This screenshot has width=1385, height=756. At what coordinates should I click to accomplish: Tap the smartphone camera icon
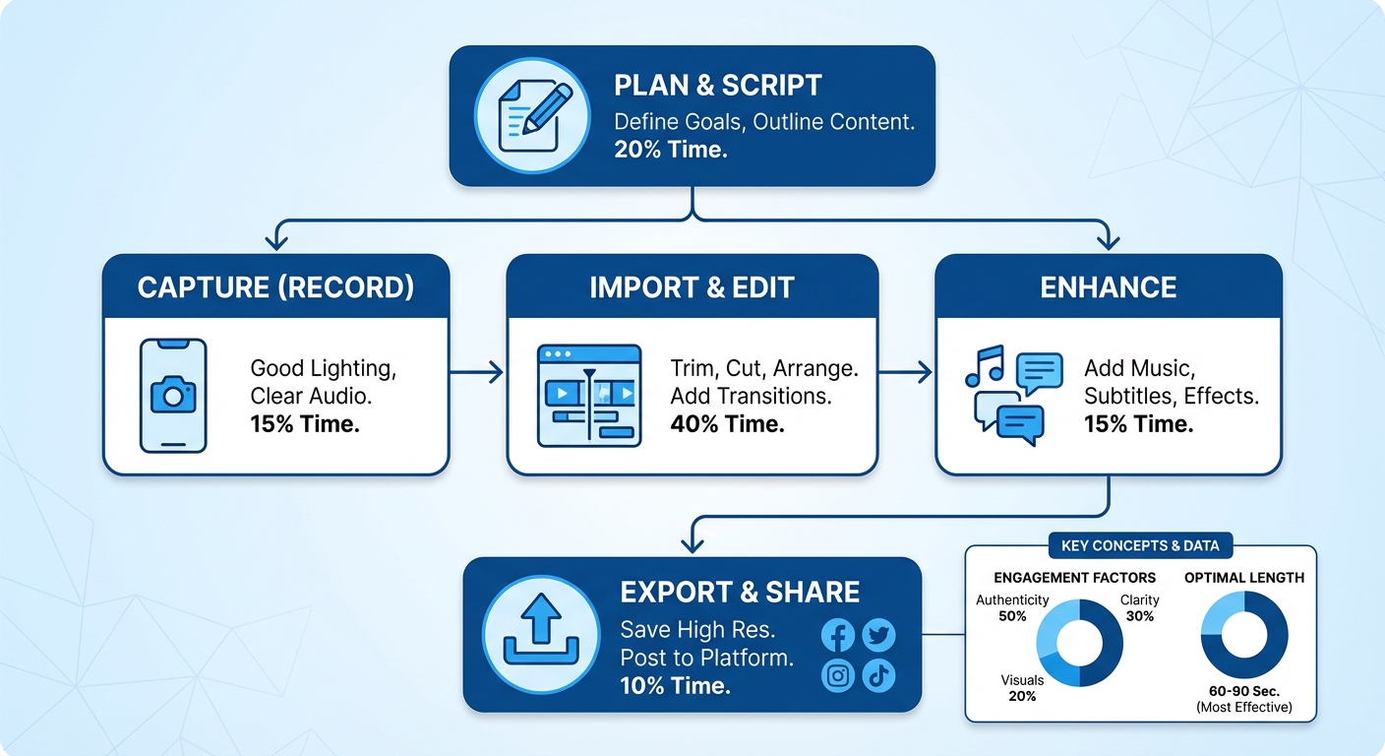(173, 395)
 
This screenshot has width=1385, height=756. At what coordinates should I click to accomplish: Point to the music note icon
(985, 366)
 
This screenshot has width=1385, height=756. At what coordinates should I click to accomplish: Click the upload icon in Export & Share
(540, 634)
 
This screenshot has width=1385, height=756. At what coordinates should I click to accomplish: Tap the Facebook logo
(838, 636)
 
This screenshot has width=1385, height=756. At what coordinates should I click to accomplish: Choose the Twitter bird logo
(878, 636)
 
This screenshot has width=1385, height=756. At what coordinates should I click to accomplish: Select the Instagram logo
(838, 675)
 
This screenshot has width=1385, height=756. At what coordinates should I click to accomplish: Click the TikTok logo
(878, 675)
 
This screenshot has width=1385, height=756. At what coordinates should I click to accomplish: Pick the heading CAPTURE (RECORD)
(275, 287)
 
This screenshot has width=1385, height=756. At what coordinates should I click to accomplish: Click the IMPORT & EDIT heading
(692, 287)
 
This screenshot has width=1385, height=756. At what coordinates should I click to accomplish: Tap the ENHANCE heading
(1108, 287)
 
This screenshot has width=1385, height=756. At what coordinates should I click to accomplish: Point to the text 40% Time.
(727, 424)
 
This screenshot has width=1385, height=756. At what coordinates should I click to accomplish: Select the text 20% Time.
(670, 151)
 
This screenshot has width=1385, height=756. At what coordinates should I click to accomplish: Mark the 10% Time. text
(676, 685)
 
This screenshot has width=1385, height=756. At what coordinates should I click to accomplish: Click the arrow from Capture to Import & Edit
(477, 372)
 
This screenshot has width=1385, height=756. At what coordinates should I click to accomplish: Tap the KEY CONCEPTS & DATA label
(1140, 546)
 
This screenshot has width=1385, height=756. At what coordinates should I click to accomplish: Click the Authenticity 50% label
(1012, 607)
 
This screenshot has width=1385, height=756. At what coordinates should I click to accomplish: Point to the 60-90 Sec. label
(1244, 691)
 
